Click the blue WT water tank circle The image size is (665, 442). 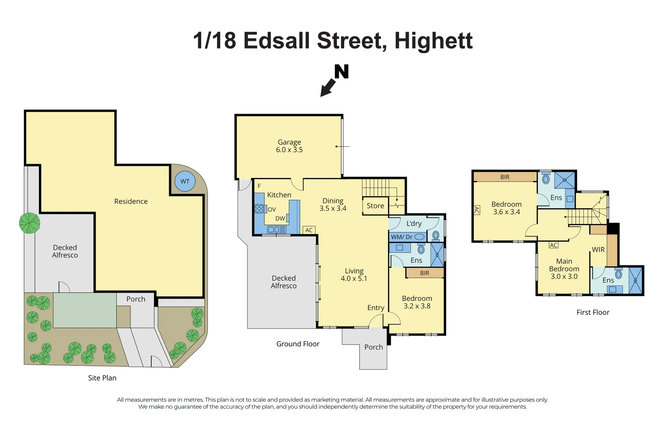(185, 181)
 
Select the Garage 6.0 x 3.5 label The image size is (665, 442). (289, 146)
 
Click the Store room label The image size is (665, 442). (375, 205)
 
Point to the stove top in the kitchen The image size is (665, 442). (259, 209)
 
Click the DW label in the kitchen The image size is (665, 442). (280, 219)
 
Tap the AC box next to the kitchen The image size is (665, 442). (309, 230)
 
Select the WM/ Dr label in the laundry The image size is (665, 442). (402, 237)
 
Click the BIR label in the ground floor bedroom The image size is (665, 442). (424, 273)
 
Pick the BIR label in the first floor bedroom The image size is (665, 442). (505, 177)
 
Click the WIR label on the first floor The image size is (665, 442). (598, 250)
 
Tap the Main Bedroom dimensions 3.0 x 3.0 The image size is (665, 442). (564, 277)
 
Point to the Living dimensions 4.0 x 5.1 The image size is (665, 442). (354, 278)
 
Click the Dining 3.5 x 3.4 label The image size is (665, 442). (333, 205)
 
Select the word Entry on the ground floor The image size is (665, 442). (376, 308)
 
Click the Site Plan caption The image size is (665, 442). (102, 378)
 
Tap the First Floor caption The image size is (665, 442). (593, 312)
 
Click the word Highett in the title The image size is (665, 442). (433, 41)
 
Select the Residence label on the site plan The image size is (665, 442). (131, 201)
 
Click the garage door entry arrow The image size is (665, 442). (342, 147)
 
